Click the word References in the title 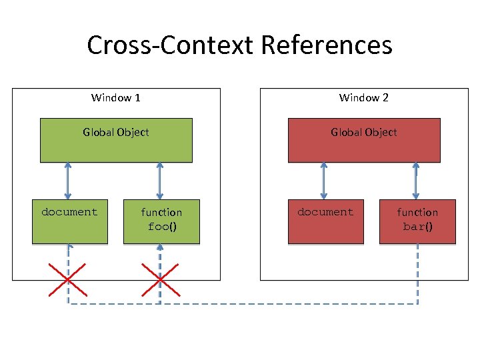pos(327,45)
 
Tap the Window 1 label pos(115,98)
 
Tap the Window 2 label pos(363,98)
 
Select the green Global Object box pos(116,140)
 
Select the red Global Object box pos(363,140)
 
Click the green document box pos(69,221)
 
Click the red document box pos(325,221)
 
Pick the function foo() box pos(161,221)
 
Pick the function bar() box pos(417,221)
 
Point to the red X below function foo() pos(161,279)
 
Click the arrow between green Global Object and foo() pos(160,181)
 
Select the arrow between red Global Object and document pos(324,181)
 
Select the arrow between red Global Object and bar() pos(416,181)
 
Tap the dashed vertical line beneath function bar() pos(418,273)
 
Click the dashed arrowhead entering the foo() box pos(160,247)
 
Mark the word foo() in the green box pos(161,227)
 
